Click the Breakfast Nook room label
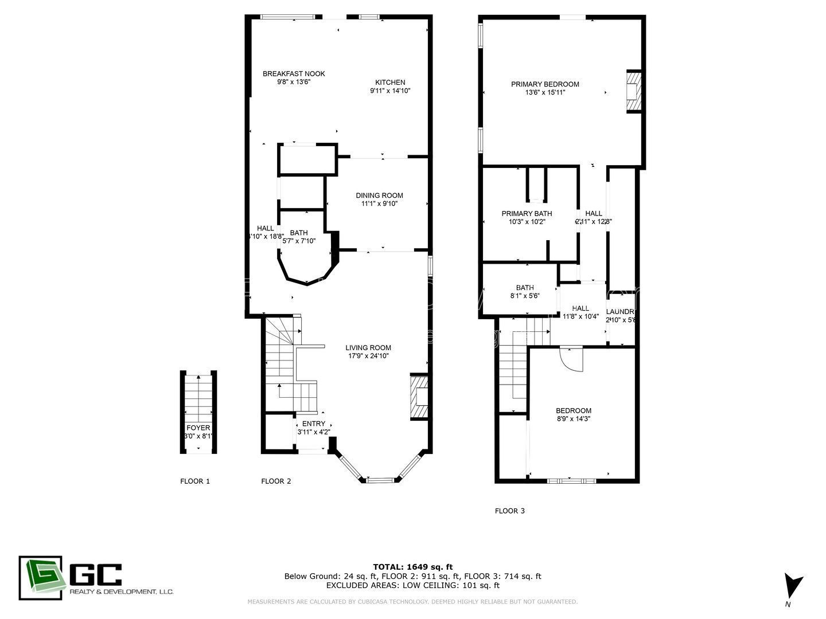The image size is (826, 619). coord(294,73)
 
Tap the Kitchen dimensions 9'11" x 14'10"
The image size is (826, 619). coord(390,91)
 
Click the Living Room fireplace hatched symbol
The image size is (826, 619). coord(420,398)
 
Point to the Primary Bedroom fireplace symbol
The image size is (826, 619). coord(633,92)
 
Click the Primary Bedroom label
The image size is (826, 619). coord(545,84)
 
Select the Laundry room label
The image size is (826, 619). coord(621,312)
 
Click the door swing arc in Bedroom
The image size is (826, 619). coord(571,360)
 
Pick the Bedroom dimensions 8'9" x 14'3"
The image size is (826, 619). coord(574,419)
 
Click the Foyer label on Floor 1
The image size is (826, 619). coord(198,428)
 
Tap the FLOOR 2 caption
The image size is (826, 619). coord(276,481)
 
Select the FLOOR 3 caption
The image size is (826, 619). coord(509,511)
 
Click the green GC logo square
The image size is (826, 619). coord(40,578)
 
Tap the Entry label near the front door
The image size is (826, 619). coord(314,424)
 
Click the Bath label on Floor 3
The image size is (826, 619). coord(525,288)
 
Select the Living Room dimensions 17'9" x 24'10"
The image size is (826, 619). coord(368,356)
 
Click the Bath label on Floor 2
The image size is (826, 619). coord(299,233)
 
